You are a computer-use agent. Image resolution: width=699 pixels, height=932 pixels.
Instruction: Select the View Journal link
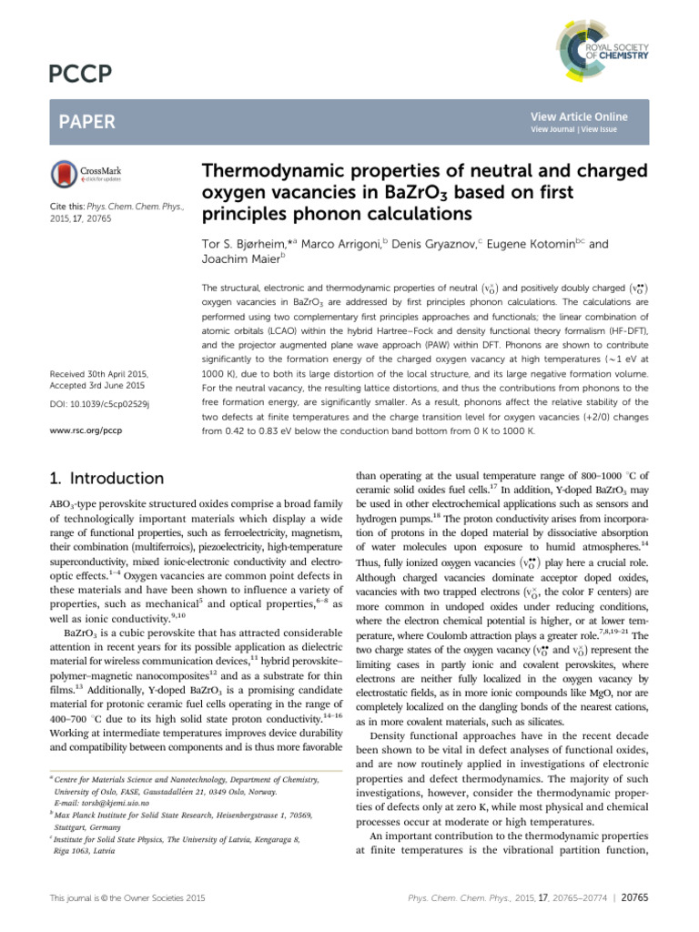[x=552, y=130]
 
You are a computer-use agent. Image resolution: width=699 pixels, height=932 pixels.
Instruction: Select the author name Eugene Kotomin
[x=532, y=245]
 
